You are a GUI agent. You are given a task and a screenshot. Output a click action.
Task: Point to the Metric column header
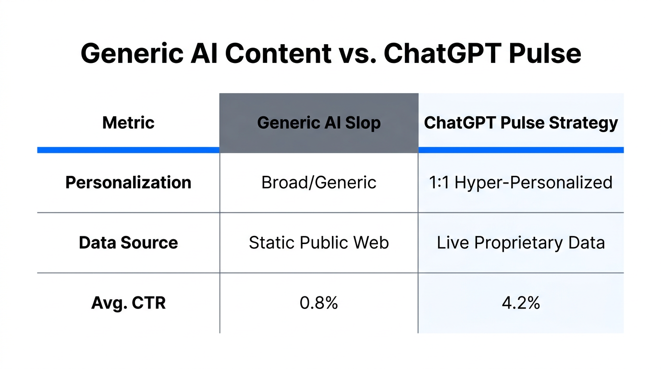[128, 123]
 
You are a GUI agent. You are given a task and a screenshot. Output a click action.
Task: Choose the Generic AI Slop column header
[319, 123]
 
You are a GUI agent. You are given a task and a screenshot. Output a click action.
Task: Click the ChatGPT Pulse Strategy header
[521, 123]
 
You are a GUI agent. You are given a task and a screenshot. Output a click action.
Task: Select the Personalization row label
[128, 183]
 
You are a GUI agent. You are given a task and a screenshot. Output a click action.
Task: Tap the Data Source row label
[128, 243]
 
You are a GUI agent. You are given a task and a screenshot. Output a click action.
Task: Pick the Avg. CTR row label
[128, 303]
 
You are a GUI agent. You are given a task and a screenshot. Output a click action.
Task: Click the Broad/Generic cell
[319, 183]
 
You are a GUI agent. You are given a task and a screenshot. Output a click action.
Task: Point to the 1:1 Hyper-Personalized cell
[521, 183]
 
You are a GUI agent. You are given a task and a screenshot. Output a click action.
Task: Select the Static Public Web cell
[319, 243]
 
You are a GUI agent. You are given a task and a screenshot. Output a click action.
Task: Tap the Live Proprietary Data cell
[521, 243]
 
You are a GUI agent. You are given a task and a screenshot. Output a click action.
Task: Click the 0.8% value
[319, 303]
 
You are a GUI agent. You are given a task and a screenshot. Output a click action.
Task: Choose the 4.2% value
[521, 303]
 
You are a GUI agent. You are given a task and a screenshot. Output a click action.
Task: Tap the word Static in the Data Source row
[270, 243]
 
